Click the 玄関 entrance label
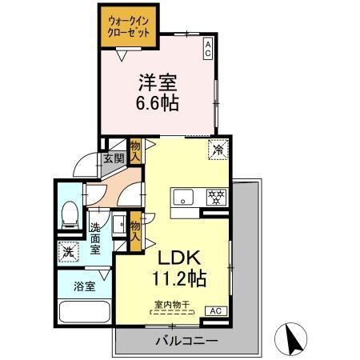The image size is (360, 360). pos(113,158)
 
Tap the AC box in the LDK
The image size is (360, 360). pos(214,310)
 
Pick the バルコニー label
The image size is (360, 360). pos(186,341)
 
